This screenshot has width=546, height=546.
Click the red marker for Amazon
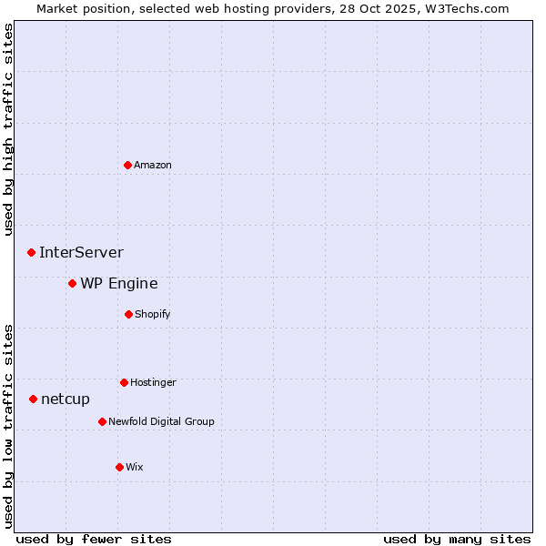(127, 165)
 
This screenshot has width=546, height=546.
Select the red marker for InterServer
(31, 252)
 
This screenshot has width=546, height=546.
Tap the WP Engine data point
(72, 283)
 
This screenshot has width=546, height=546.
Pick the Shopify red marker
(128, 314)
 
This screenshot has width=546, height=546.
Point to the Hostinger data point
(124, 382)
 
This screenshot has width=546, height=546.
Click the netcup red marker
(33, 399)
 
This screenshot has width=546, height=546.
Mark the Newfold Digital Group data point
(102, 421)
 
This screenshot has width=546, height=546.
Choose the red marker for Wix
(119, 467)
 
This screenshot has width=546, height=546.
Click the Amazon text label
(153, 165)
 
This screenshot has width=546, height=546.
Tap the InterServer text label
(81, 252)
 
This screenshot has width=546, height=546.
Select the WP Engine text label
(118, 283)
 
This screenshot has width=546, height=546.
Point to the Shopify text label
(153, 314)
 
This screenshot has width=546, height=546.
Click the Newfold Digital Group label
(161, 421)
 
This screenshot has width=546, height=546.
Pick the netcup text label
(66, 399)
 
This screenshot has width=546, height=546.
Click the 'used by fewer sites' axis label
(94, 539)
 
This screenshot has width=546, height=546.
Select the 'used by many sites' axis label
(457, 539)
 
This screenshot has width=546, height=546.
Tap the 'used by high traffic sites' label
(8, 129)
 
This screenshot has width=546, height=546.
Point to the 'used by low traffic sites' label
(8, 426)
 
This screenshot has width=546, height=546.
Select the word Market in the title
(59, 8)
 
